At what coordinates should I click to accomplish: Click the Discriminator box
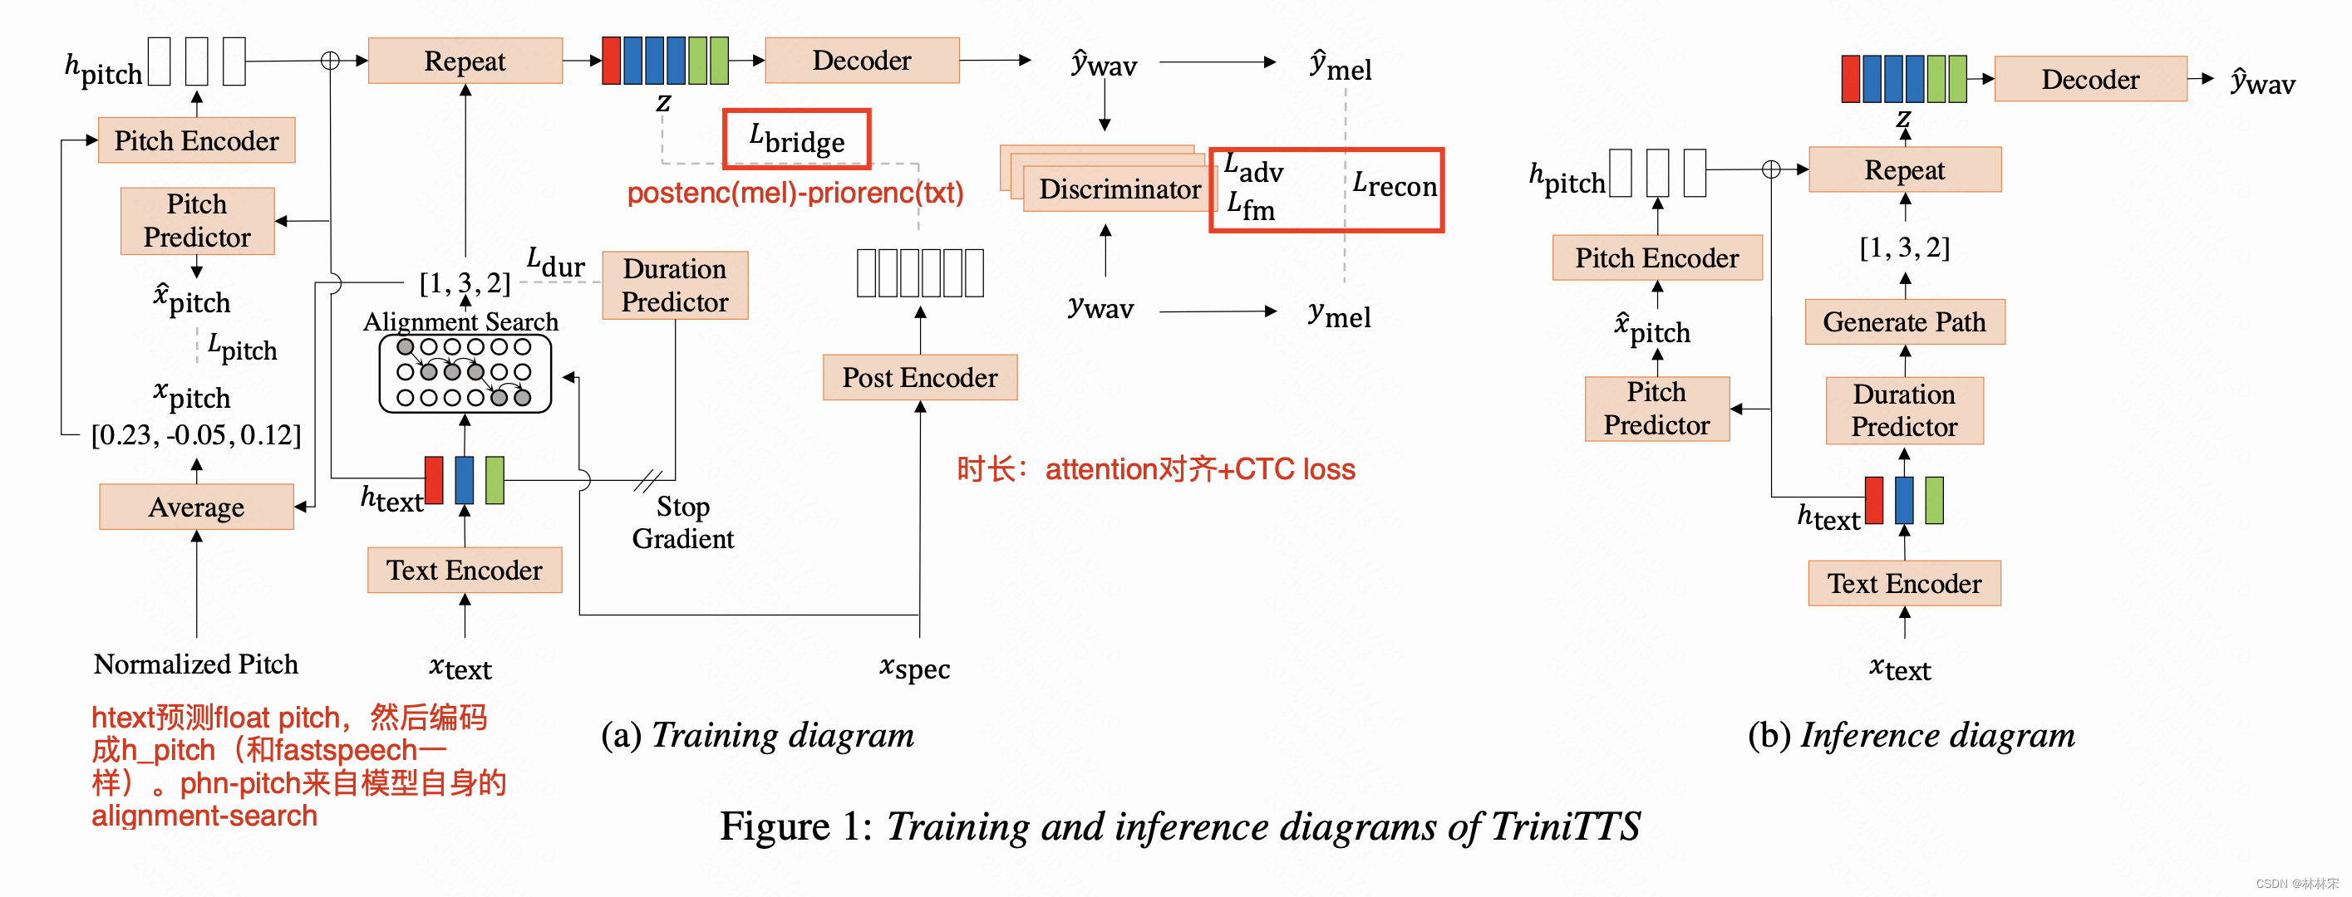coord(1119,189)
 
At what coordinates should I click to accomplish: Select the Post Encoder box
coord(919,377)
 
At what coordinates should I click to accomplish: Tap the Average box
coord(196,507)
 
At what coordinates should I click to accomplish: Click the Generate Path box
coord(1904,322)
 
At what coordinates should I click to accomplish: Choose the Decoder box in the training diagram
coord(861,61)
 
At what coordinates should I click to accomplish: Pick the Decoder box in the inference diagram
coord(2089,80)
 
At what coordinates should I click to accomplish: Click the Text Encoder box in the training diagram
coord(464,571)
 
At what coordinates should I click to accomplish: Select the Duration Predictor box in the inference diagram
coord(1904,410)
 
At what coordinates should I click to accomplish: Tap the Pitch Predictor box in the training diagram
coord(196,221)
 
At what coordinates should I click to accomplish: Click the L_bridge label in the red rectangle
coord(796,140)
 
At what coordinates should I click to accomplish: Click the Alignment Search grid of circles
coord(465,373)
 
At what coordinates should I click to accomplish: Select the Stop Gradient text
coord(683,522)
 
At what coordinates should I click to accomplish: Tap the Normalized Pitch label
coord(195,664)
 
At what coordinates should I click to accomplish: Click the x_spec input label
coord(914,668)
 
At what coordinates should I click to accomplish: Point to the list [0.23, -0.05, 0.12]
coord(195,435)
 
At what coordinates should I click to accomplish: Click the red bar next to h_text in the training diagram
coord(434,480)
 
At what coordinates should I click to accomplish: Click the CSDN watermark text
coord(2296,884)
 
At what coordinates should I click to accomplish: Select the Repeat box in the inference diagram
coord(1904,169)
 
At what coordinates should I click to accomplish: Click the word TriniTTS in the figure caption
coord(1565,826)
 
